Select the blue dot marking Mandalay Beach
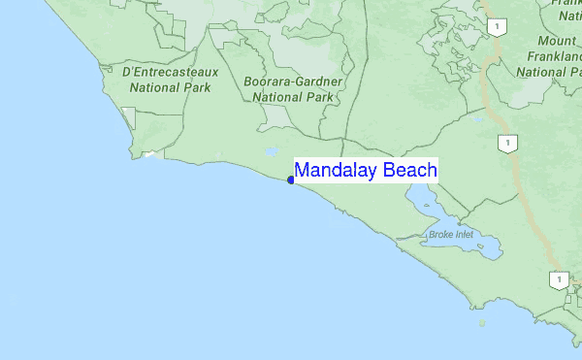(291, 180)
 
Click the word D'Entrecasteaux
(170, 72)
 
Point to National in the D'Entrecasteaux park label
(157, 87)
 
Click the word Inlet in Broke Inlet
(466, 235)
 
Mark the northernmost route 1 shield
(497, 27)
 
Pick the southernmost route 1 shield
(558, 279)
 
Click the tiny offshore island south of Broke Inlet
(482, 324)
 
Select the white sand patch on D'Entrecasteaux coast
(148, 153)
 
